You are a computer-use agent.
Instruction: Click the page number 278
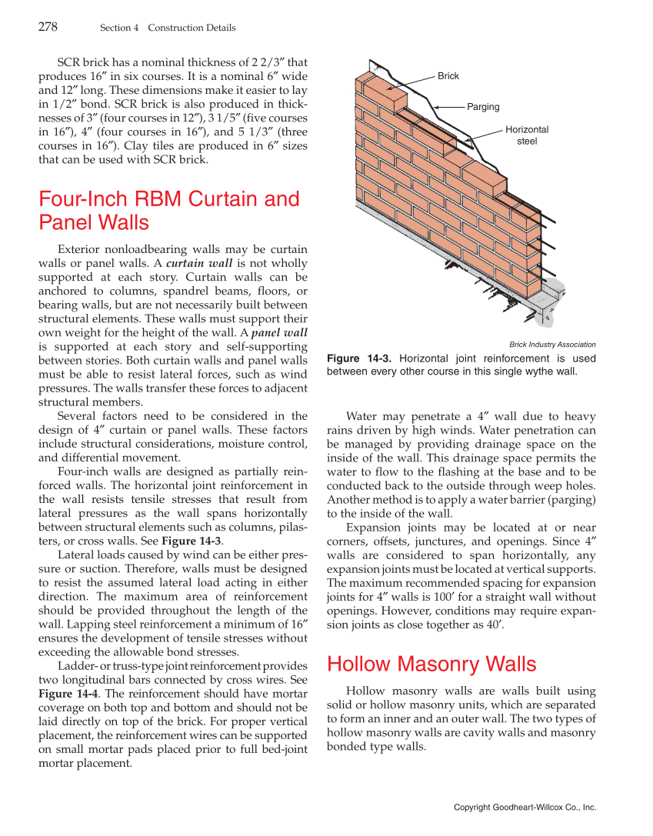point(48,27)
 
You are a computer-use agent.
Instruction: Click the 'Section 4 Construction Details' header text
point(168,28)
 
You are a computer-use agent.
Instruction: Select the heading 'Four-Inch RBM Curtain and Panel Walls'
point(168,211)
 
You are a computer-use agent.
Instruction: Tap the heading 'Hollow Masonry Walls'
point(431,664)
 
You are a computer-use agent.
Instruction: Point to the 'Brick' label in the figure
point(448,75)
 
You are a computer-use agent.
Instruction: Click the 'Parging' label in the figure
point(483,107)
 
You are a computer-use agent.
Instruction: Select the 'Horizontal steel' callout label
point(527,135)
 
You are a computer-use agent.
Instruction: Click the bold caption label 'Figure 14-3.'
point(359,358)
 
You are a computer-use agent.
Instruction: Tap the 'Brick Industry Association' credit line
point(552,345)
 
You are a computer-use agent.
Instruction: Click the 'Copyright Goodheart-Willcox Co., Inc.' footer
point(525,808)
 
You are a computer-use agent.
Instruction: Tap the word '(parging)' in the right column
point(570,500)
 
